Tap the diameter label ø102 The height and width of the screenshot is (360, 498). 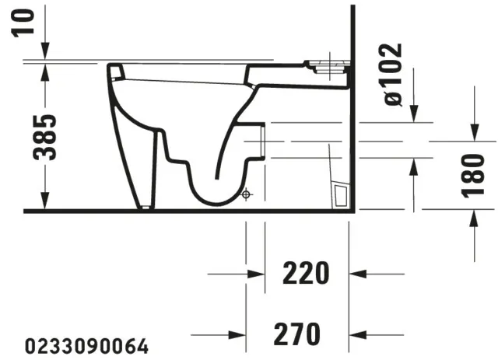click(x=393, y=74)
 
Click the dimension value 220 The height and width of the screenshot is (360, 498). click(x=305, y=273)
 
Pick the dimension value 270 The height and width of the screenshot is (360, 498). click(x=297, y=334)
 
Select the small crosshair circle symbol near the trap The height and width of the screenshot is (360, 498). click(x=247, y=193)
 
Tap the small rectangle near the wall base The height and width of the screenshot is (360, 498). click(x=339, y=194)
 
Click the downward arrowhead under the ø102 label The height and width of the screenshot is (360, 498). click(x=413, y=115)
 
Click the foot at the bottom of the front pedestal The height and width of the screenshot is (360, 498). click(x=144, y=205)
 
